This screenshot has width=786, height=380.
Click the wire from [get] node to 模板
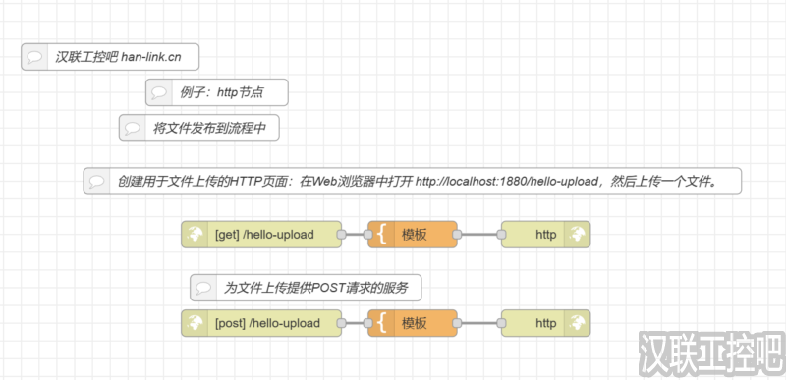354,235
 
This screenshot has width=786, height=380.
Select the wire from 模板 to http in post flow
479,322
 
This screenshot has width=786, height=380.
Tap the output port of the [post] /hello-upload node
341,322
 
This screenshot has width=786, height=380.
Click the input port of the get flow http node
501,235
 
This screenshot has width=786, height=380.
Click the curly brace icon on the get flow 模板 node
380,235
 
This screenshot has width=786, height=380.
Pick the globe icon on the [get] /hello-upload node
194,235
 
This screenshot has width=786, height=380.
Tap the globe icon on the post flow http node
580,322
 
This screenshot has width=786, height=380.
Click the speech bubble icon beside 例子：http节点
159,92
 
